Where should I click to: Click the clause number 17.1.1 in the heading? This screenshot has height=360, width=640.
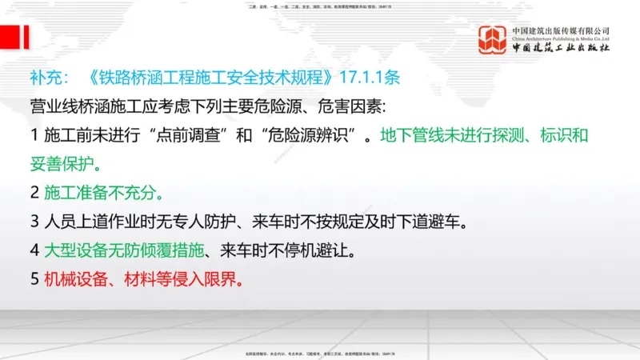[x=374, y=80]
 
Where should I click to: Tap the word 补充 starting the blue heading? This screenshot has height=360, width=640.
[x=46, y=80]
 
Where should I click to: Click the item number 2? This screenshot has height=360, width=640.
[x=34, y=193]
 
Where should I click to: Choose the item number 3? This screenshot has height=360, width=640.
[x=34, y=221]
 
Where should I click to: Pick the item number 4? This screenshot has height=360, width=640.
[x=34, y=250]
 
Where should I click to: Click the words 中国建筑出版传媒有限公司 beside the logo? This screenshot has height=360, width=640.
[x=561, y=30]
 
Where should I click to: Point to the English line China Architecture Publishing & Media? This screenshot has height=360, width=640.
[x=561, y=38]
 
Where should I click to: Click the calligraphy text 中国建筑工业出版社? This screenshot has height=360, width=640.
[x=561, y=49]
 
